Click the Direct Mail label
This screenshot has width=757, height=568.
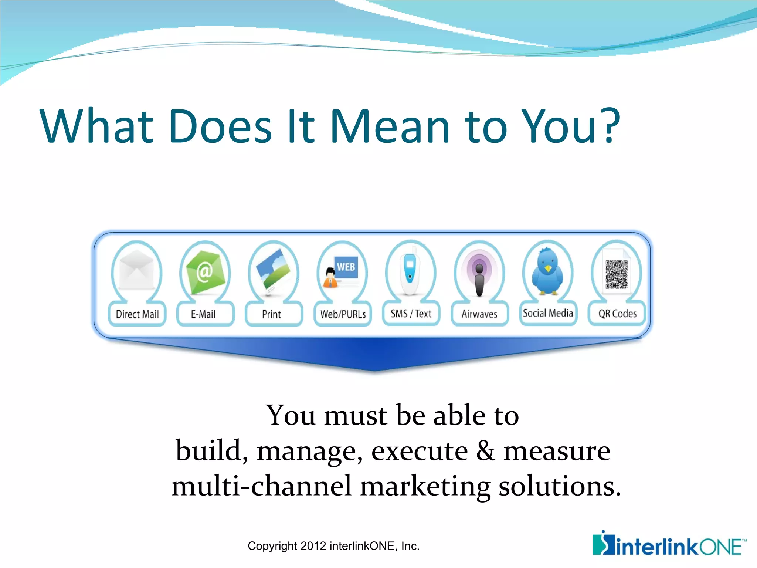[x=137, y=314]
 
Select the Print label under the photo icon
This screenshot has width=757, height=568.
[x=271, y=314]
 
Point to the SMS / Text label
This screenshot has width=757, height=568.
[x=411, y=314]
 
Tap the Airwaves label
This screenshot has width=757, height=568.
[x=479, y=314]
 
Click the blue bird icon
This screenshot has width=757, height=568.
[x=547, y=272]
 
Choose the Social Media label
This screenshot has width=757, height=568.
[x=547, y=313]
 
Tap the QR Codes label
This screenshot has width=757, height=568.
[x=617, y=314]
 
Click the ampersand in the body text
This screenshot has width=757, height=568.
[x=485, y=451]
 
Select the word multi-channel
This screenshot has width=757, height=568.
[x=261, y=486]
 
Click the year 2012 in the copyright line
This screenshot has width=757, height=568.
[x=313, y=546]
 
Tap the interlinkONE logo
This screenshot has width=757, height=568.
[x=669, y=544]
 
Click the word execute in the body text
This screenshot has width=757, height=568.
[x=419, y=451]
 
